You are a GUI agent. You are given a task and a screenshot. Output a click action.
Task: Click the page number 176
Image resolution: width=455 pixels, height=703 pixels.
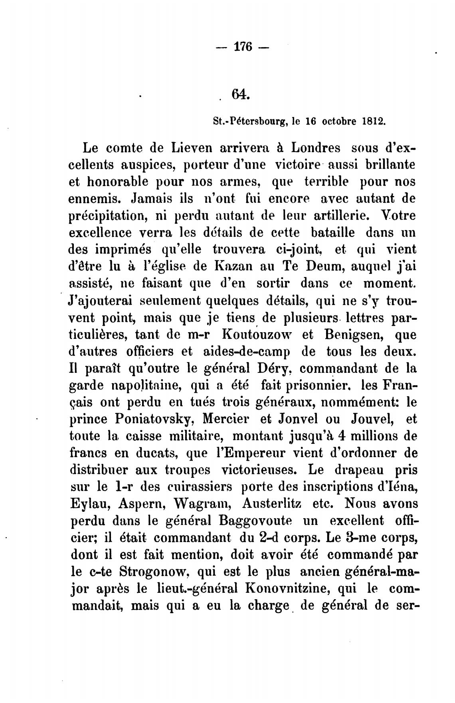tap(242, 47)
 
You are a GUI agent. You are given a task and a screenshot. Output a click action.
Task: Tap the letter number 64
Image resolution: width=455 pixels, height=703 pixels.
tap(240, 95)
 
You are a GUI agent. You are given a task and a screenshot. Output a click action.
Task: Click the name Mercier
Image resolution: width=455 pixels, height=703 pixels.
tap(227, 419)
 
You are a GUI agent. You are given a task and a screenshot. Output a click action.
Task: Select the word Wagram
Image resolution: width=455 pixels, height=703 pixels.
tap(201, 503)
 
